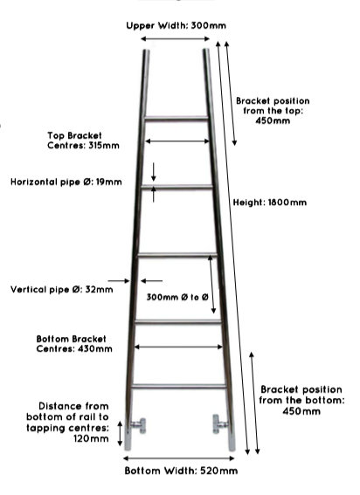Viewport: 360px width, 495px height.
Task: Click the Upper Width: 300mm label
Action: click(x=176, y=25)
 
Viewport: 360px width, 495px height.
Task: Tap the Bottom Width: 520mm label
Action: click(x=181, y=471)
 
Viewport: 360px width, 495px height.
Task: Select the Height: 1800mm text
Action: click(x=270, y=202)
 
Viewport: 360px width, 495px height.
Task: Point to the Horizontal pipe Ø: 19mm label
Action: click(x=66, y=182)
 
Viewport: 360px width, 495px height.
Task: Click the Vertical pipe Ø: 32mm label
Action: click(x=62, y=290)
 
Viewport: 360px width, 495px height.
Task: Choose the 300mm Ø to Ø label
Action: click(x=177, y=297)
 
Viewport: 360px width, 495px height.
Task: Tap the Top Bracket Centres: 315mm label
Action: click(x=83, y=141)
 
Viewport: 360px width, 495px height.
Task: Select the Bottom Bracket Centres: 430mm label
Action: click(x=74, y=344)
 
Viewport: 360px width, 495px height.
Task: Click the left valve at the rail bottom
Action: click(x=138, y=426)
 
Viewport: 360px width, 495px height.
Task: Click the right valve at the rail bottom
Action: click(x=219, y=424)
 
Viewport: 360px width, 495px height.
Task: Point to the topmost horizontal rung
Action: click(x=176, y=119)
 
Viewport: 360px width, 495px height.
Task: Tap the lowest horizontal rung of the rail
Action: click(x=179, y=386)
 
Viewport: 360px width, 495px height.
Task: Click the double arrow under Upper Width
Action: click(x=175, y=38)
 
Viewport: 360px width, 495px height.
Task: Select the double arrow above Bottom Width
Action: click(x=178, y=458)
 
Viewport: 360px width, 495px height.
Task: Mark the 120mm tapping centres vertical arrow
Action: click(x=120, y=433)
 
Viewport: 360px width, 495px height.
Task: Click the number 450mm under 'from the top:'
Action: click(x=273, y=120)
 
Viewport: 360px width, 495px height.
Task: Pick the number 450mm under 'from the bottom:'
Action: click(x=301, y=411)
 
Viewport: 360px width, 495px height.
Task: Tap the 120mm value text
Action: click(x=91, y=438)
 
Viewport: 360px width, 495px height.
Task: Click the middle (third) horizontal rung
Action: click(x=177, y=255)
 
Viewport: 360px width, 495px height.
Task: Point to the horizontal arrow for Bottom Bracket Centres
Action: click(x=178, y=347)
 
